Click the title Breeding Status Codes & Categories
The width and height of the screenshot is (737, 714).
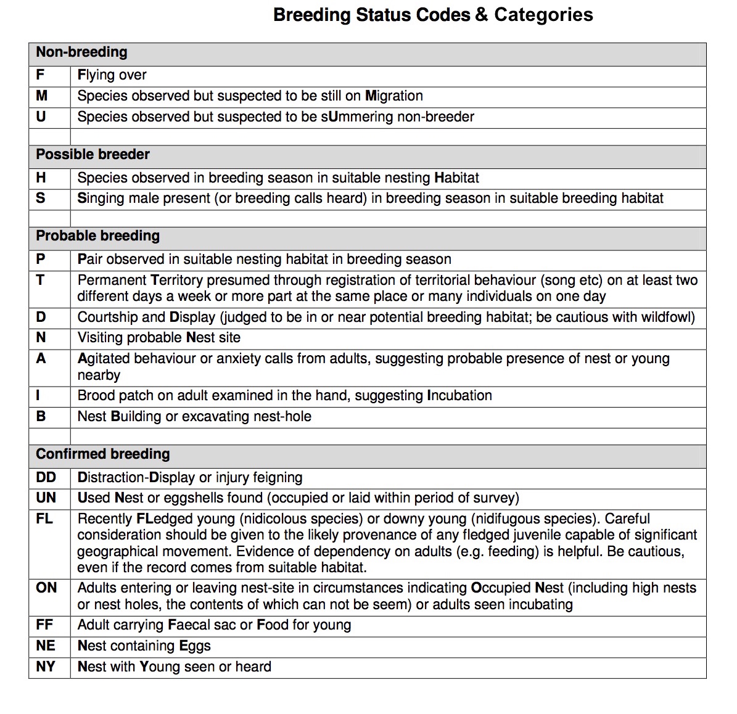click(433, 15)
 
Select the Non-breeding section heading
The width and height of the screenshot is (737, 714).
click(81, 52)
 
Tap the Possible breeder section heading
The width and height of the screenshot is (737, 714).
click(93, 155)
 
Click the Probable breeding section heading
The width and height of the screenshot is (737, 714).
click(97, 236)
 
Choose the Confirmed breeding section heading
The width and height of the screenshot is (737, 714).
click(102, 454)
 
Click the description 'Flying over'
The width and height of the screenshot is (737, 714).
click(112, 75)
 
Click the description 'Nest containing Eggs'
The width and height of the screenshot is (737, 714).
click(144, 646)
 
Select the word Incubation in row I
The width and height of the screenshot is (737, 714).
click(459, 396)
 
